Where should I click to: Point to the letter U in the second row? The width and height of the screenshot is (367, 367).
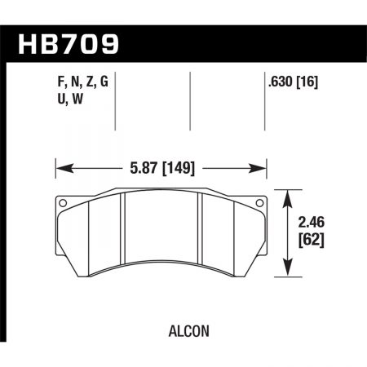click(x=42, y=98)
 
